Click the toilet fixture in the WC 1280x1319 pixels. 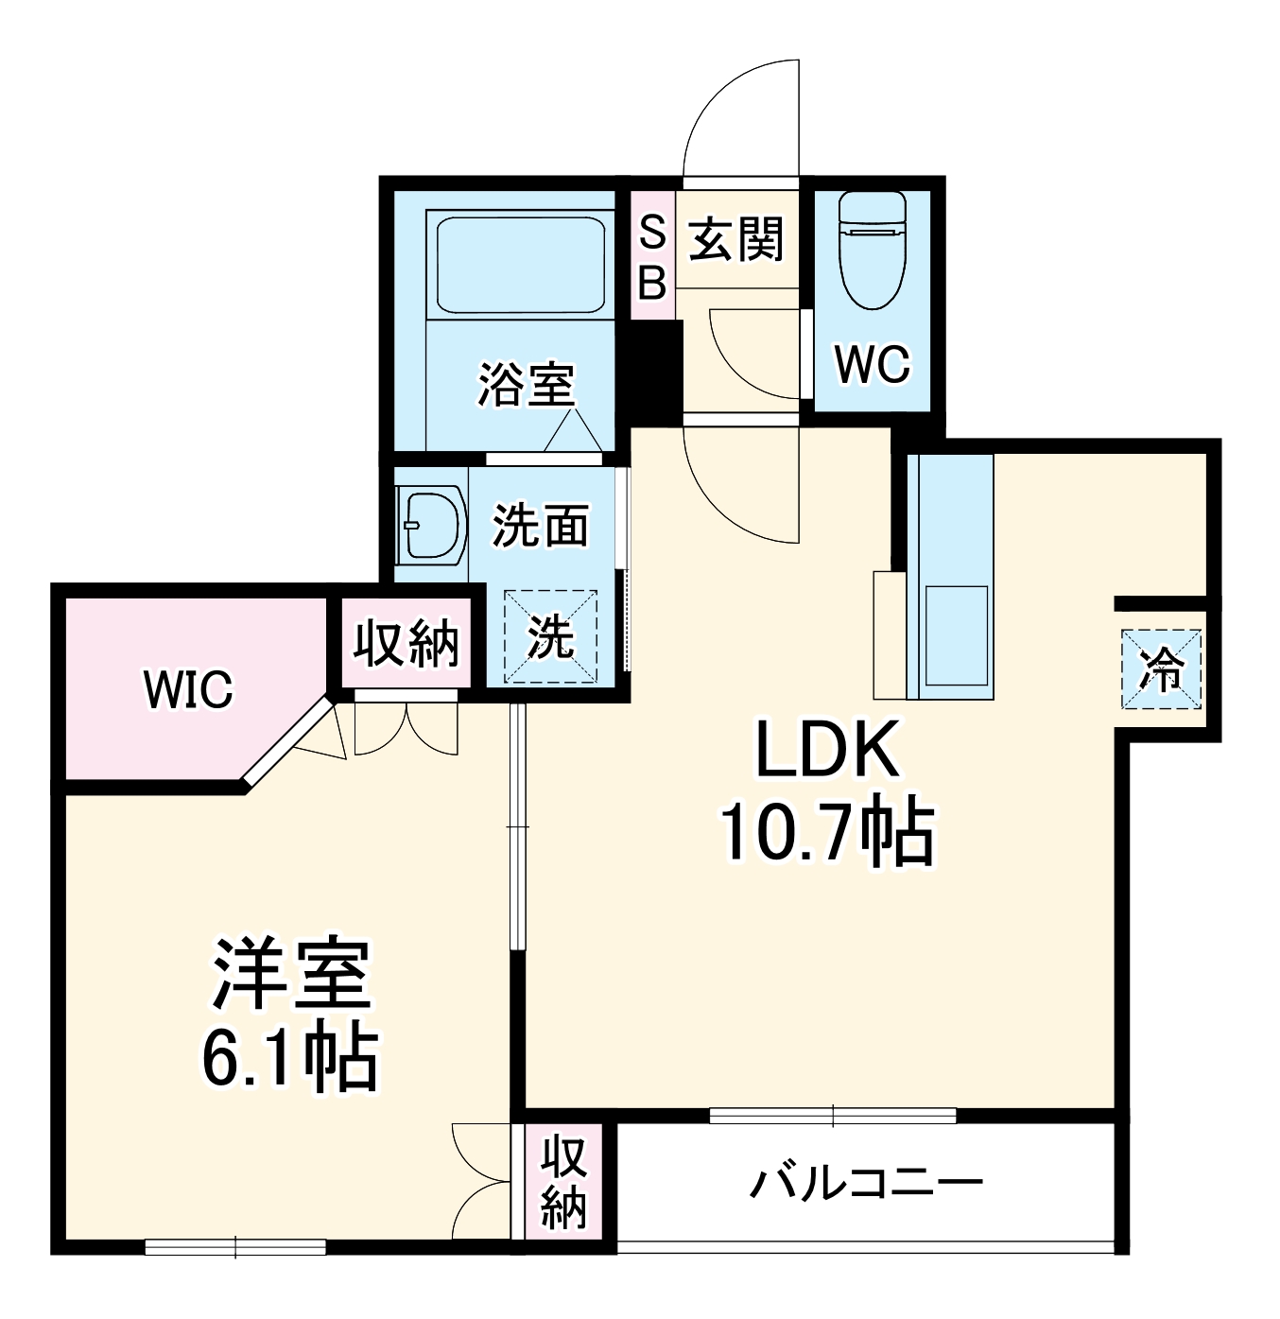click(x=872, y=251)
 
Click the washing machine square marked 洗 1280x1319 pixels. click(x=550, y=635)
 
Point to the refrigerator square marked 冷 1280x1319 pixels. click(x=1161, y=669)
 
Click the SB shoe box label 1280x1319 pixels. click(x=652, y=256)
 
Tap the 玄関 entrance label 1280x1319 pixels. click(x=736, y=239)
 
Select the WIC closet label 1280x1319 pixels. click(x=188, y=689)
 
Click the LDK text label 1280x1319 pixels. click(x=827, y=750)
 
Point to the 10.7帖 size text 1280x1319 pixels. click(x=827, y=833)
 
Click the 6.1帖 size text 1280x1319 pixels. click(x=289, y=1056)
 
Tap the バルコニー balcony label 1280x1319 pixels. click(x=866, y=1183)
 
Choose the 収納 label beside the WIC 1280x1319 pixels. click(x=406, y=644)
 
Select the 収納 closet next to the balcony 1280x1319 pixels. click(x=563, y=1183)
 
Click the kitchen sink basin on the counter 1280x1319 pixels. click(x=956, y=635)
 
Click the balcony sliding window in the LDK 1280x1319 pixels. click(x=832, y=1116)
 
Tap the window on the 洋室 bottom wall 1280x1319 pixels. click(x=235, y=1247)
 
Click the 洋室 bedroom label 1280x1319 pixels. click(x=289, y=974)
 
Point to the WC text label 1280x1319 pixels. click(x=872, y=364)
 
